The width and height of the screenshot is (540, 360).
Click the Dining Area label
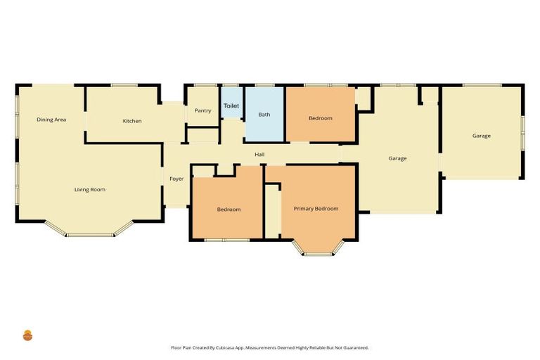51,120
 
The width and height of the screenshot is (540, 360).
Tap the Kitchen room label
132,121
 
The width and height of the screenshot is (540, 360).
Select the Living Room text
90,189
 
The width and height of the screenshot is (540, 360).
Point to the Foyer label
176,179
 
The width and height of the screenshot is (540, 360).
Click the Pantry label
202,110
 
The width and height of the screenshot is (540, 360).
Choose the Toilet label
231,106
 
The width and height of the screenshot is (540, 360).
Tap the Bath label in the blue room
264,114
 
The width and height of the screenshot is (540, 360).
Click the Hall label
259,154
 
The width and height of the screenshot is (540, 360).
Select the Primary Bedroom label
316,209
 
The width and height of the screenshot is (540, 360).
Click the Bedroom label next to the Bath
320,118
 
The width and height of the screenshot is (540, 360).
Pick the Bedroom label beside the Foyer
229,210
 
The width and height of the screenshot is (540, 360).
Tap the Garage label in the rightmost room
482,136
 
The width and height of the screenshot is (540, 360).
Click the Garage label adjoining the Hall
397,158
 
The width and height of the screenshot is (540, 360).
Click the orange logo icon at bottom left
28,335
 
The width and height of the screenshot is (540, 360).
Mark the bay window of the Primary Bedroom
319,252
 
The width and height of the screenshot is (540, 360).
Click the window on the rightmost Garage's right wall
522,132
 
